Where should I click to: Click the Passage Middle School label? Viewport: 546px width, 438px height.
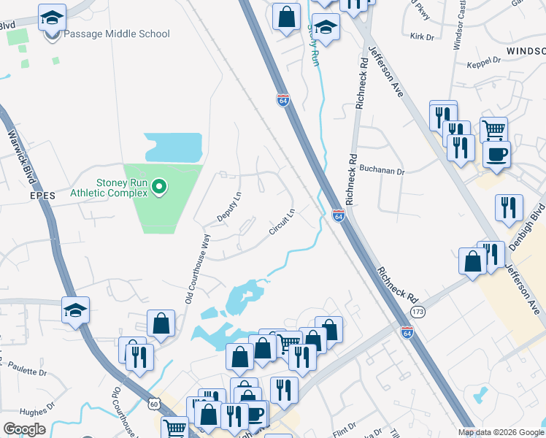point(117,34)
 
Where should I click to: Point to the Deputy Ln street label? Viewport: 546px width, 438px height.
point(229,207)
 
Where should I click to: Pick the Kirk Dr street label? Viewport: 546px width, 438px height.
point(422,36)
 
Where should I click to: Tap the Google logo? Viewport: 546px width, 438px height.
point(24,429)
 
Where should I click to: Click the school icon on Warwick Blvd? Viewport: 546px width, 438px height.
point(76,311)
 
